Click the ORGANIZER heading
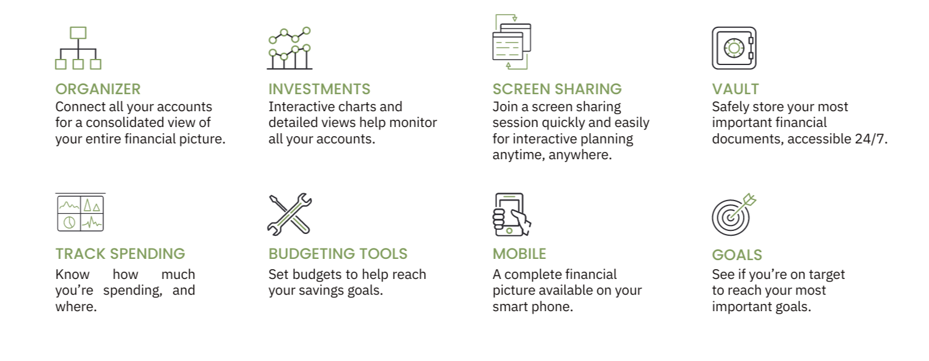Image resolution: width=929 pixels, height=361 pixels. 98,89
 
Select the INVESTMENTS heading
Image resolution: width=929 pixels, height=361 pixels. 319,89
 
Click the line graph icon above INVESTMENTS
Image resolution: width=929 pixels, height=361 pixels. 290,49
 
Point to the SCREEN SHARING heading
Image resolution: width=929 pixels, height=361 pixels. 557,89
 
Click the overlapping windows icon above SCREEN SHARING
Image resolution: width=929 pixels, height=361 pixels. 512,42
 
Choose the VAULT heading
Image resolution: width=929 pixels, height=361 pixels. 736,89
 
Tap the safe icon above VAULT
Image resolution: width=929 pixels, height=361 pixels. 734,48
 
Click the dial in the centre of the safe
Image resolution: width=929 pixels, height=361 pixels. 734,48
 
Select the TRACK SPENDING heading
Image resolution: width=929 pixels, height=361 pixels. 120,253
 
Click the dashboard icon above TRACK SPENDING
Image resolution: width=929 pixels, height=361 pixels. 80,212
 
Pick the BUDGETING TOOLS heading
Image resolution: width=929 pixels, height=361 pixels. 338,253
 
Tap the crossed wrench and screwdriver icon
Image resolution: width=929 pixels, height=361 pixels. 290,215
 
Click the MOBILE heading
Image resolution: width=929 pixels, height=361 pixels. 519,253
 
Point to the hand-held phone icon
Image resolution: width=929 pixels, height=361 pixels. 512,215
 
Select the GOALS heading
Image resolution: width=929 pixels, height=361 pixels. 737,255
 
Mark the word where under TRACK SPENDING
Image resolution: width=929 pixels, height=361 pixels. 76,307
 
